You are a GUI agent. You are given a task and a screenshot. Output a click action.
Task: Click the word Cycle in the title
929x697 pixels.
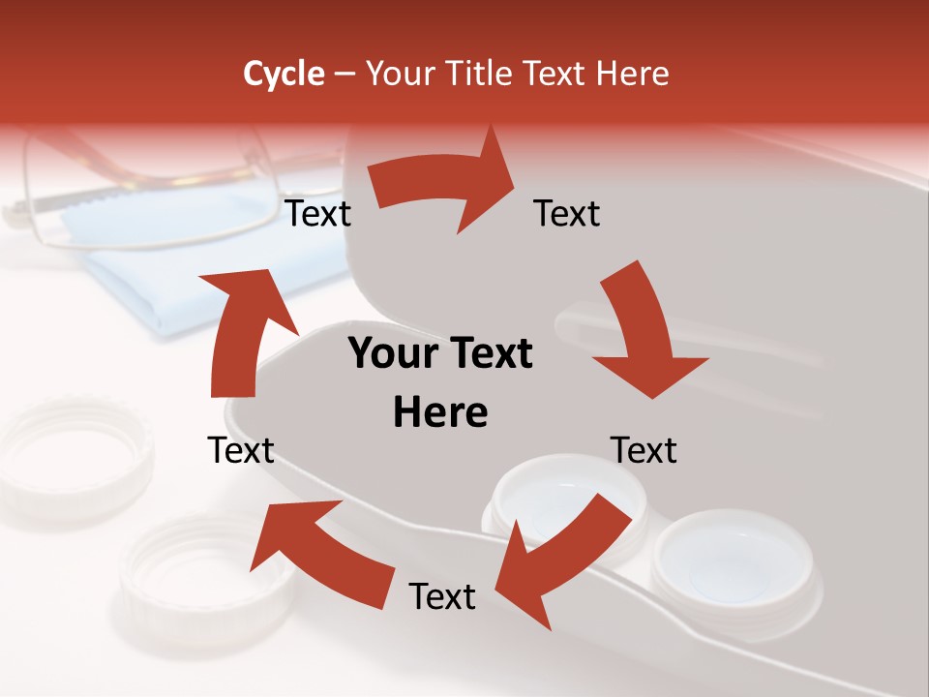point(284,74)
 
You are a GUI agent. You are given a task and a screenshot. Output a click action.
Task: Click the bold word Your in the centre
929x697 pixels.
point(392,354)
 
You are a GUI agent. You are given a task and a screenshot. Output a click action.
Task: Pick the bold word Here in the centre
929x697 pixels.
point(440,413)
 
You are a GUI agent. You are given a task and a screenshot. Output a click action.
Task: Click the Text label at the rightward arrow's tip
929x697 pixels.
point(567,214)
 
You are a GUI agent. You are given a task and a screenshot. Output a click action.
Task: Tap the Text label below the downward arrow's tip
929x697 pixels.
point(644,450)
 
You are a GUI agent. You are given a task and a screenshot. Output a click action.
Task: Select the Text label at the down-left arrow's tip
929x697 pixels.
point(442,597)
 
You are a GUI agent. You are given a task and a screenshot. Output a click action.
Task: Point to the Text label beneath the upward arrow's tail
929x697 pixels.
point(242,450)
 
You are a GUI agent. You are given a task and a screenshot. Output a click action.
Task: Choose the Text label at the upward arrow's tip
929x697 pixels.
point(318,214)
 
